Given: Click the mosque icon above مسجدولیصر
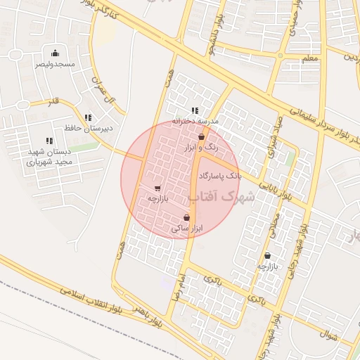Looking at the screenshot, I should click(x=56, y=53).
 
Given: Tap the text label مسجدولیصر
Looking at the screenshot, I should click(x=56, y=64).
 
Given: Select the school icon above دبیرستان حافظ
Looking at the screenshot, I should click(x=88, y=118).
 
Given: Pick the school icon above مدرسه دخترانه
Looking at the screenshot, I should click(x=195, y=110).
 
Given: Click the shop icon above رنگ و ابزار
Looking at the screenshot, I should click(x=202, y=137).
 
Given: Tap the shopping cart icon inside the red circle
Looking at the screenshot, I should click(x=157, y=188).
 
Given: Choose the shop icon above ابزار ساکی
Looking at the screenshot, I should click(x=186, y=218).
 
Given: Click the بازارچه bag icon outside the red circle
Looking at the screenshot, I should click(x=267, y=255).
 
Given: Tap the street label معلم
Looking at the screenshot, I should click(x=309, y=57).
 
